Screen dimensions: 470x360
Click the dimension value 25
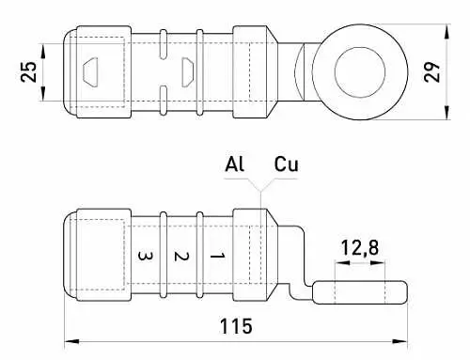[28, 72]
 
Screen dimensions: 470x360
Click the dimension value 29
[432, 72]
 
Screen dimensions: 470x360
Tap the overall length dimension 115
[236, 326]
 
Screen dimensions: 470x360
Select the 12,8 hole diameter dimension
[360, 247]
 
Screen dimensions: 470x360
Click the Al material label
[234, 164]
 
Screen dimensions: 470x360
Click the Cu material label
[286, 164]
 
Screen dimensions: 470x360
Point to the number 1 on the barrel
[217, 257]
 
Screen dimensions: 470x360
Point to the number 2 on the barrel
[181, 257]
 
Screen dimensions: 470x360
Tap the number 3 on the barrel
[145, 257]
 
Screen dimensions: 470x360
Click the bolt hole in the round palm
[360, 72]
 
